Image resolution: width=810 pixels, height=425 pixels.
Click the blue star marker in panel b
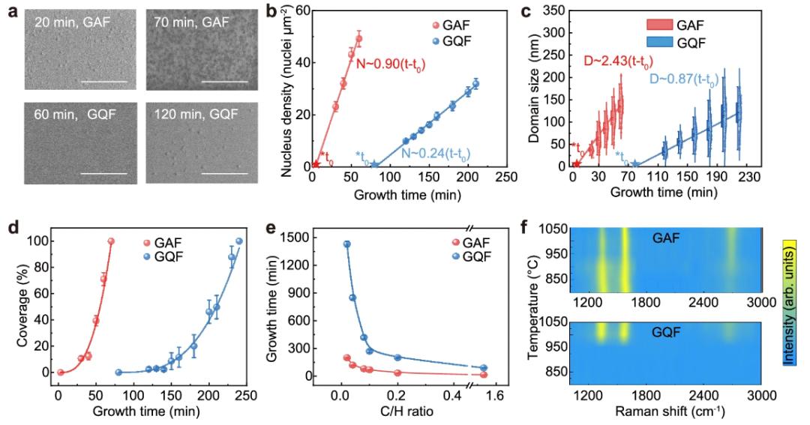pyautogui.click(x=374, y=165)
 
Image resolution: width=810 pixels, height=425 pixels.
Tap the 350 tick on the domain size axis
pyautogui.click(x=554, y=10)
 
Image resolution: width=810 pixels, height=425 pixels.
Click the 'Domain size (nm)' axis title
pyautogui.click(x=534, y=88)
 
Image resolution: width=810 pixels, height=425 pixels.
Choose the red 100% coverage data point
pyautogui.click(x=111, y=241)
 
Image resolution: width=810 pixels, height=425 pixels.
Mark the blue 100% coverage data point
pyautogui.click(x=239, y=241)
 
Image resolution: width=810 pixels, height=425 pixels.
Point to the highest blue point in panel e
pyautogui.click(x=347, y=244)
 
